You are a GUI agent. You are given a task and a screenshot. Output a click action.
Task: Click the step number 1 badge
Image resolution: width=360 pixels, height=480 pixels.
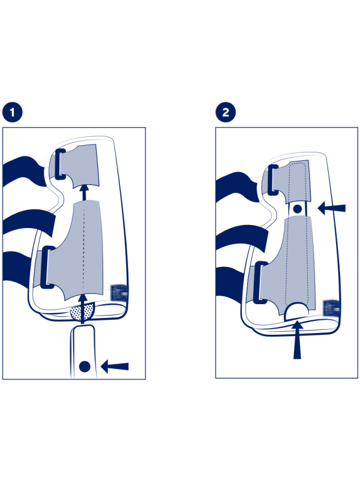click(12, 112)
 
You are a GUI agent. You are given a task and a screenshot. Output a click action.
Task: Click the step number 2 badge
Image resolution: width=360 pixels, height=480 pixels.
click(226, 112)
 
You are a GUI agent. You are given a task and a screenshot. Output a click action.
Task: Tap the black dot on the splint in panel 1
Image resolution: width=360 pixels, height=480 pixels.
click(85, 367)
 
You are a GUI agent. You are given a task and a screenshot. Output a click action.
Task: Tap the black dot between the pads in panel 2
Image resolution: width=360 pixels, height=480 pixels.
click(297, 209)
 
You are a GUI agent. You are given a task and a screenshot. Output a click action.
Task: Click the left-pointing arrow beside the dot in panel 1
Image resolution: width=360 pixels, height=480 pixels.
click(115, 366)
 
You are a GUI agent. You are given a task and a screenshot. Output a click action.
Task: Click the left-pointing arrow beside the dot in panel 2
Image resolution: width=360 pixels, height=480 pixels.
click(332, 208)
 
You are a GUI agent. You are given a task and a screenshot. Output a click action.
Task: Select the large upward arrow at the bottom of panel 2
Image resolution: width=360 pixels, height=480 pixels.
click(297, 339)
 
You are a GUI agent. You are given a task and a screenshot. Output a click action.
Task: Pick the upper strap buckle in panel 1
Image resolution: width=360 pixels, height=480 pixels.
click(61, 164)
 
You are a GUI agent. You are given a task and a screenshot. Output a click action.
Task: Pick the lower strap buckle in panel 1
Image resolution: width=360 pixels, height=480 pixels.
click(47, 267)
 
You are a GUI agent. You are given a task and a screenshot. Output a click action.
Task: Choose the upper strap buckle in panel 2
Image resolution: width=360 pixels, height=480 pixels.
click(272, 180)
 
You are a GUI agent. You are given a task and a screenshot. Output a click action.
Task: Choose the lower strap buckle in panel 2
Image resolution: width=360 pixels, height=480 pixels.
click(260, 283)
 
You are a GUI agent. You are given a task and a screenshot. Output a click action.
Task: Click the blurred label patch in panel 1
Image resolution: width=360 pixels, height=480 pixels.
click(119, 293)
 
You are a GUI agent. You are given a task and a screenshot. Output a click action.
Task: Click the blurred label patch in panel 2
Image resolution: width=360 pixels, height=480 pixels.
click(332, 308)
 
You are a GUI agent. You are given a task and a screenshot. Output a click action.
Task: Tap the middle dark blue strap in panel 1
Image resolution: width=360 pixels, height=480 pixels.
click(29, 222)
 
